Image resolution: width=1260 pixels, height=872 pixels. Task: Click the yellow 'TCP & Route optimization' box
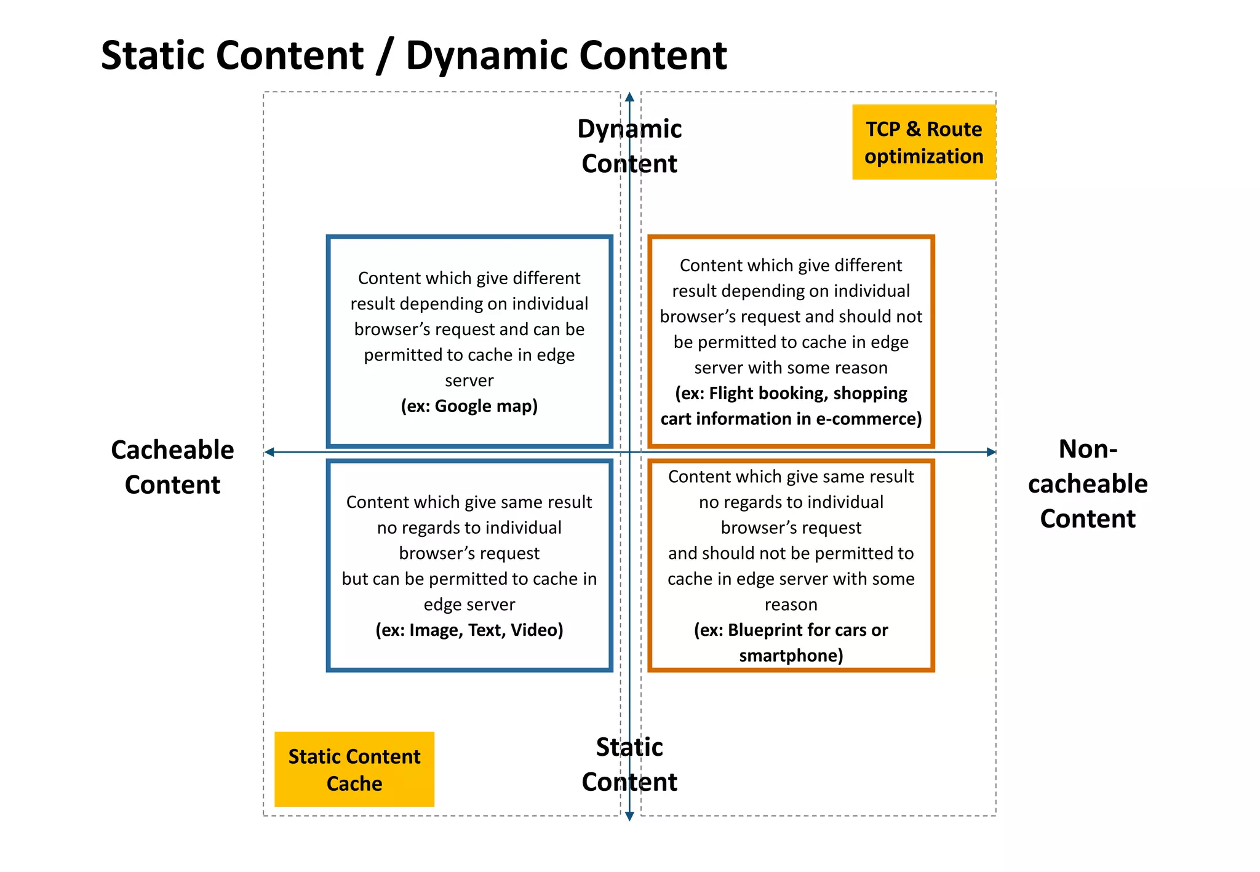(x=923, y=142)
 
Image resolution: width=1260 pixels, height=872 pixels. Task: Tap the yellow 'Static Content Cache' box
(x=354, y=769)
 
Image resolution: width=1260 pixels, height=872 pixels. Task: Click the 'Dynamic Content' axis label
(x=629, y=146)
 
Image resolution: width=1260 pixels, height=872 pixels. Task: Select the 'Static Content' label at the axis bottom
(x=629, y=764)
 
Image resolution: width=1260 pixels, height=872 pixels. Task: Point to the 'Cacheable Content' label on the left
(x=172, y=467)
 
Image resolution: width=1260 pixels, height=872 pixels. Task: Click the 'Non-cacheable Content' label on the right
(x=1087, y=483)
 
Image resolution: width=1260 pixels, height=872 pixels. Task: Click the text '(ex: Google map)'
(x=469, y=406)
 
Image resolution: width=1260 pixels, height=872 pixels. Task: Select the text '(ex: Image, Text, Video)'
(x=469, y=630)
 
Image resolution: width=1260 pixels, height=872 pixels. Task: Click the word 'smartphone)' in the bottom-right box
(x=791, y=656)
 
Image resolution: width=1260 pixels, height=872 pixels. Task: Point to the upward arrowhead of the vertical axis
(x=629, y=97)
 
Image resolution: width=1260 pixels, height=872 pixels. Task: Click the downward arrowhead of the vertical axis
(x=629, y=817)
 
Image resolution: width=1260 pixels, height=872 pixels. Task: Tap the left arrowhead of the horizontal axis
(x=269, y=452)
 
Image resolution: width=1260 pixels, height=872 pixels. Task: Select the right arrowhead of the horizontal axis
(x=991, y=452)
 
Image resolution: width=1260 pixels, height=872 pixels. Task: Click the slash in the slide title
(x=385, y=57)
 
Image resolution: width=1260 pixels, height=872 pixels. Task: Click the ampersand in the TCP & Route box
(x=913, y=129)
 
